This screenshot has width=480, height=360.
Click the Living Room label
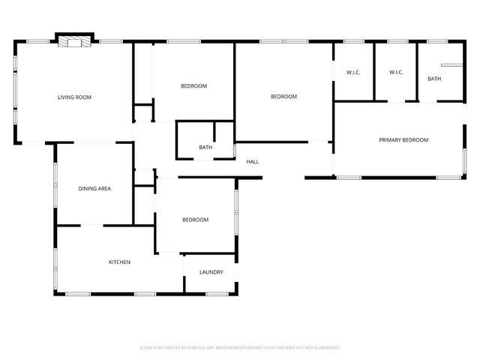pos(74,97)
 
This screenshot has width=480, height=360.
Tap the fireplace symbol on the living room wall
pos(73,42)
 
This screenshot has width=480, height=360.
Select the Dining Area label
pos(94,188)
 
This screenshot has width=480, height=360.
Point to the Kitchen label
pos(119,262)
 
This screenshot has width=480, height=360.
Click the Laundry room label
pos(211,271)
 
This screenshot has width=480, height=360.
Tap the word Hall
pos(253,161)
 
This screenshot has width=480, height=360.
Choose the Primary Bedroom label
pos(403,140)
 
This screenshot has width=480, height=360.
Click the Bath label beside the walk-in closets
pos(434,79)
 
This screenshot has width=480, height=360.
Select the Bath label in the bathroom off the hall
pos(205,147)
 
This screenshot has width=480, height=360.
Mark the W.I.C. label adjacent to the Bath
pos(396,72)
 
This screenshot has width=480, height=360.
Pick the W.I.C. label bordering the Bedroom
pos(353,72)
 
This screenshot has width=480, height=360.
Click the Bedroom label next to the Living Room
pos(193,86)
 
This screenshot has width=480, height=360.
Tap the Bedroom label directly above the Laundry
pos(195,220)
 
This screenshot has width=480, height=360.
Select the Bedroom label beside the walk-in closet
pos(283,96)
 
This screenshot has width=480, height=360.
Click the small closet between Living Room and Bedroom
pos(142,114)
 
